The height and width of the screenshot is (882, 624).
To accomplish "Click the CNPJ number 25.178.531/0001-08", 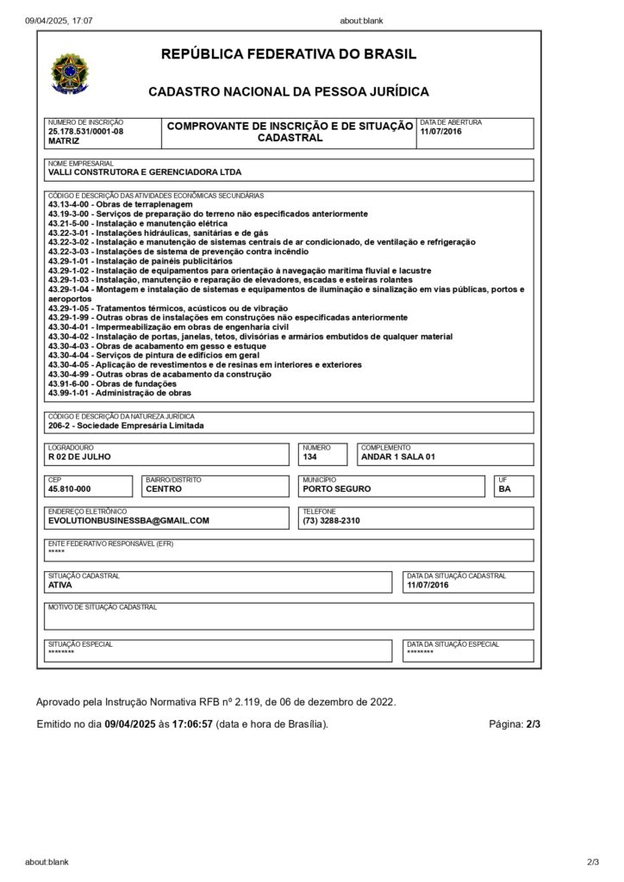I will pos(86,131).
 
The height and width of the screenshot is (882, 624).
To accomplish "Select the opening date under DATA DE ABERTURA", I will pos(440,131).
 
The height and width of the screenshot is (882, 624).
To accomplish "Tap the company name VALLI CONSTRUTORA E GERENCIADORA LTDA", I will pos(145,172).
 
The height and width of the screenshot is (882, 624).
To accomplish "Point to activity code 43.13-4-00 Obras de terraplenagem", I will pos(114,204).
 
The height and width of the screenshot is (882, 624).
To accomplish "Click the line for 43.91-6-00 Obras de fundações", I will pos(112,383).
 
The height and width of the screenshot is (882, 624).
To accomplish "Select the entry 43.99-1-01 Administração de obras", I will pos(120,393).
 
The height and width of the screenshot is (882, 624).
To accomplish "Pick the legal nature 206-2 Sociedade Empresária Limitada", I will pos(127,425).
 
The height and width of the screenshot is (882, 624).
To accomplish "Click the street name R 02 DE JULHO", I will pos(79,457).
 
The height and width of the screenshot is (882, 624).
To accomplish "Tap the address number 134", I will pos(310,457).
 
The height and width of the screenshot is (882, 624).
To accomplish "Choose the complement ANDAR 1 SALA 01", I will pos(398,457).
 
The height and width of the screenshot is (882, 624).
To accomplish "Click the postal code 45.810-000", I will pos(69,488).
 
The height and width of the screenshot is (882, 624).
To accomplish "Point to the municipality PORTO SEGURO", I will pos(337,488).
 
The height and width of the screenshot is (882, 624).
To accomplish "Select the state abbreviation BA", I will pos(504,488).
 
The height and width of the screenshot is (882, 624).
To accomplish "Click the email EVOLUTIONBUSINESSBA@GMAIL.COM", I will pos(128,520).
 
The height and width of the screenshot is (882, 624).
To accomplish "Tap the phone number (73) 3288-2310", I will pos(331,520).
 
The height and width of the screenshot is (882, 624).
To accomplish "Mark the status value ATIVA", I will pos(60,585).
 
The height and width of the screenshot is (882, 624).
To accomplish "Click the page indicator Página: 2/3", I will pos(515,724).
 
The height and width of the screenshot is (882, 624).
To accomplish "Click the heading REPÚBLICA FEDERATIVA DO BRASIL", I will pos(289,54).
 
